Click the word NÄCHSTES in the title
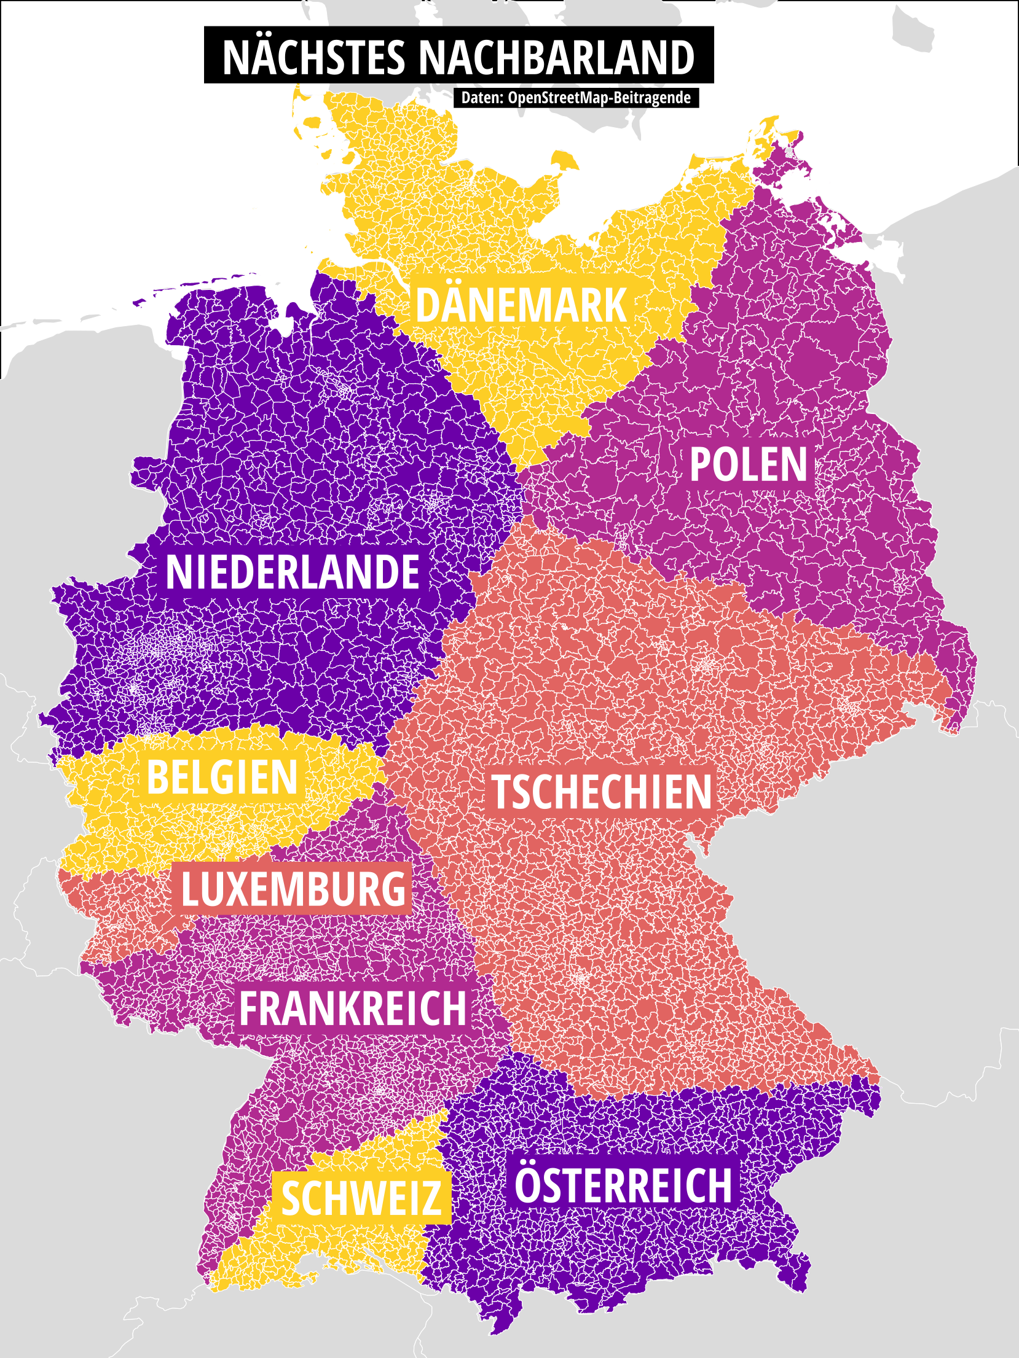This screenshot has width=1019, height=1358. click(313, 57)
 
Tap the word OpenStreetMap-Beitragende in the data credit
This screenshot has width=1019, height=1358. click(599, 98)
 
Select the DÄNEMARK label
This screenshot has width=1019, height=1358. click(521, 305)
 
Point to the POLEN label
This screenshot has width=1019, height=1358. click(748, 465)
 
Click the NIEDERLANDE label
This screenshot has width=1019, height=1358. click(293, 572)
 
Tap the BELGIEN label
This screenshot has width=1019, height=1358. click(222, 777)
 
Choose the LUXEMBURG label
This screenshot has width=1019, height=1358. click(293, 889)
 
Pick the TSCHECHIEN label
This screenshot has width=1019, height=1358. click(602, 792)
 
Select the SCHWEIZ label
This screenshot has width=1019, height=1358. click(361, 1198)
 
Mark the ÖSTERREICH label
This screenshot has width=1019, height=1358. click(623, 1185)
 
